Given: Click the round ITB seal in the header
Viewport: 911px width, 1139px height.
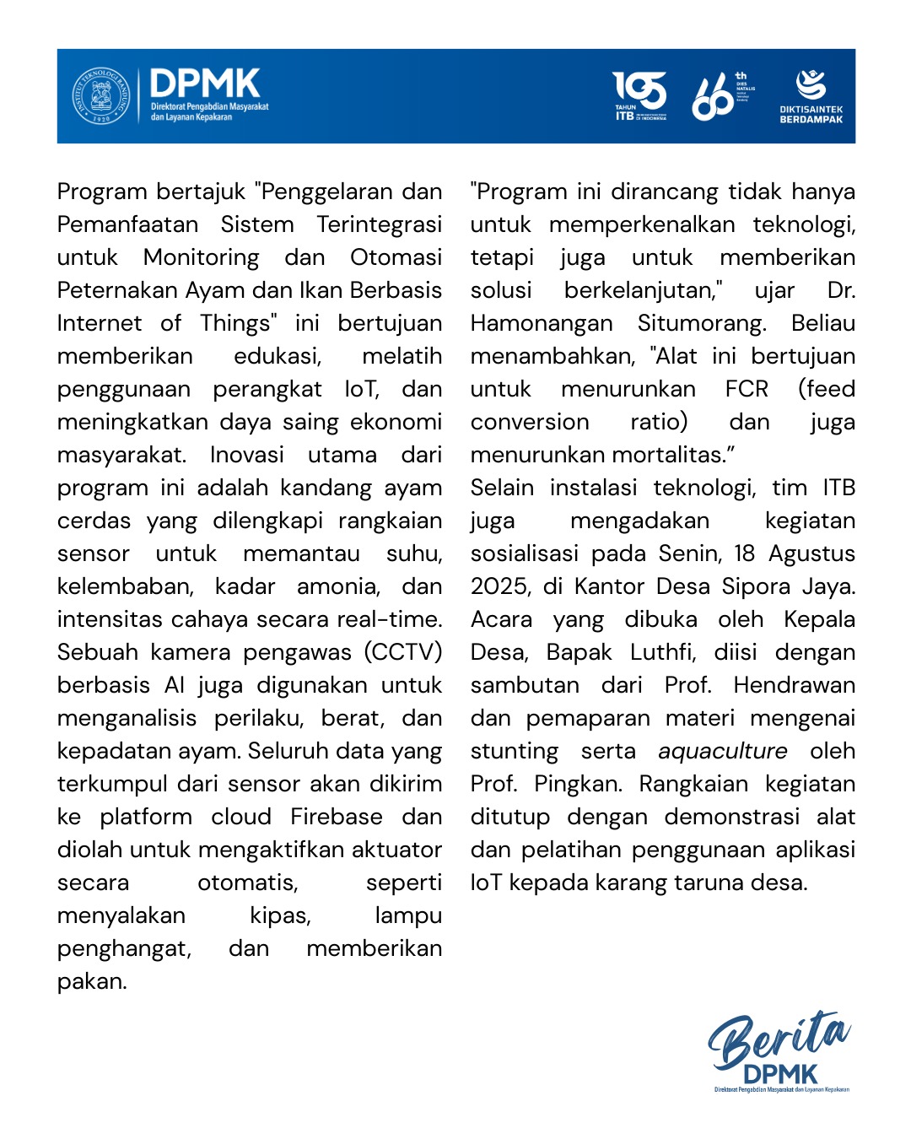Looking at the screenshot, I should [101, 96].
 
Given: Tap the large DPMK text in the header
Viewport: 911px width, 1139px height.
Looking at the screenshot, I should [205, 84].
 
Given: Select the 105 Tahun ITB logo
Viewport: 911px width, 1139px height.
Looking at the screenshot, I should [639, 95].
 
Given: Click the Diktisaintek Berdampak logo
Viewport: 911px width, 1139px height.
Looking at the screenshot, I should [811, 96].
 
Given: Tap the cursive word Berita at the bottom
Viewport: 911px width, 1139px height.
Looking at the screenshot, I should [778, 1039].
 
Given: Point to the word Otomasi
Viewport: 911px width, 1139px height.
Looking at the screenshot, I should [396, 257].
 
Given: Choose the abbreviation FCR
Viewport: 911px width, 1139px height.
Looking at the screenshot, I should [747, 389].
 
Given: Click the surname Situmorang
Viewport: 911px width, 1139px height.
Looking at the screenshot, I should [702, 323].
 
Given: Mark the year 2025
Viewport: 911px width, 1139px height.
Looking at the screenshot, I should [499, 586].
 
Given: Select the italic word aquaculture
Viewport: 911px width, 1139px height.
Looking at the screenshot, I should [722, 751].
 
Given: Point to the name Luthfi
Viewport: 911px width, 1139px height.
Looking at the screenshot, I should [650, 652].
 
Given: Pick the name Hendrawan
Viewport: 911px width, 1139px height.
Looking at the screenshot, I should [794, 685].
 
